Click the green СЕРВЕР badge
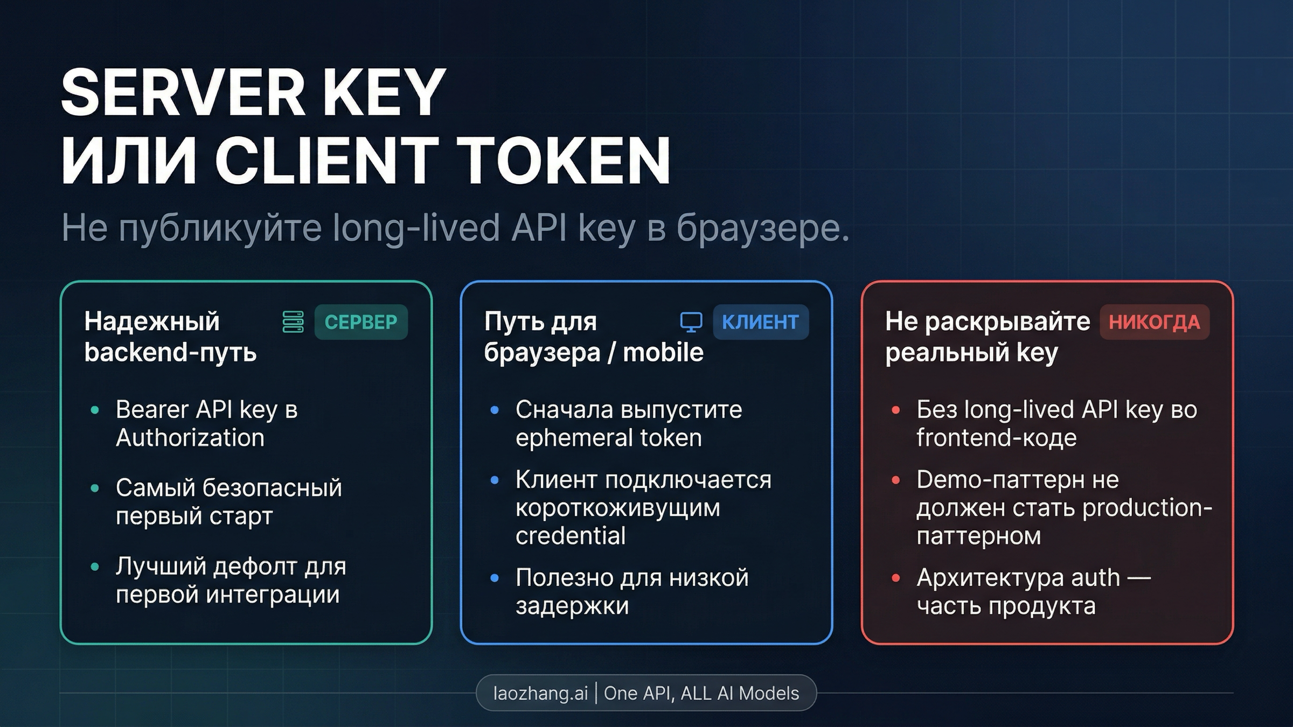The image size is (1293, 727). click(x=360, y=322)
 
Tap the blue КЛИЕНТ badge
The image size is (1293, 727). click(x=760, y=322)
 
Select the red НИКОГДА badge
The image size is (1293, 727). click(x=1154, y=322)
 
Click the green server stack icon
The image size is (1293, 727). click(x=293, y=322)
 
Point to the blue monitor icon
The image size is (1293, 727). click(x=691, y=322)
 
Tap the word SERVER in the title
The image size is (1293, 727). click(x=183, y=93)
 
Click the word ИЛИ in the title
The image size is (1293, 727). click(x=129, y=160)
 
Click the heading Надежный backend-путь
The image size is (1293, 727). click(x=170, y=337)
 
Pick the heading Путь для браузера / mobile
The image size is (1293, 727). click(x=593, y=337)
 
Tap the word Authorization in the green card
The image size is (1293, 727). click(x=190, y=438)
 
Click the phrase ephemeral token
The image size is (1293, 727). click(x=608, y=438)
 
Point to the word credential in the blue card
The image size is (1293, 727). click(x=571, y=536)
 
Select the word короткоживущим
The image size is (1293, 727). click(x=617, y=508)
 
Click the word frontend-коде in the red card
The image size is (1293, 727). click(x=996, y=438)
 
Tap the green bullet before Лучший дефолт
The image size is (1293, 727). click(x=95, y=567)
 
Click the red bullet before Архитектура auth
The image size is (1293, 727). click(x=896, y=578)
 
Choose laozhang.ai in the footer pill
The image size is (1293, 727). click(x=540, y=693)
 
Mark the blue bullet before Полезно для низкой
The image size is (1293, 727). click(x=495, y=578)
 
